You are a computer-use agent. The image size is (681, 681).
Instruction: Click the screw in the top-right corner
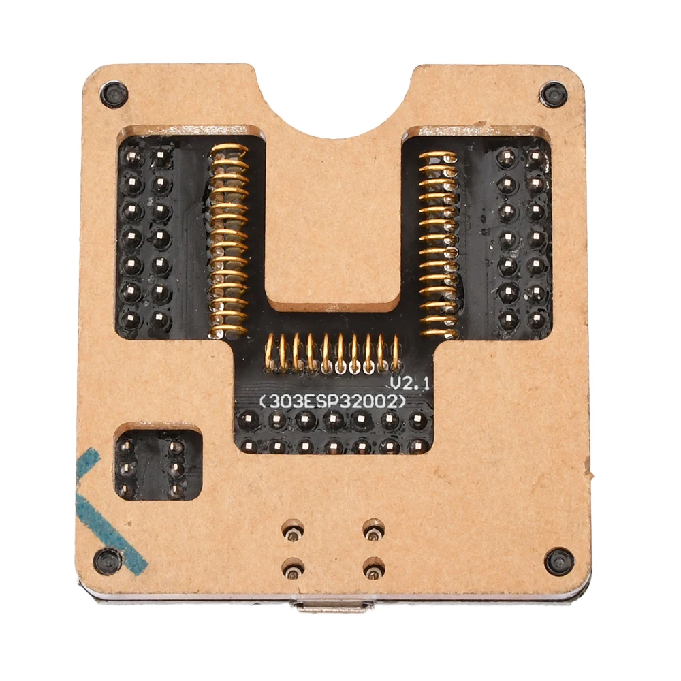click(x=553, y=93)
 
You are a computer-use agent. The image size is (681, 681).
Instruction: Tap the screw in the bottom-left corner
click(x=108, y=560)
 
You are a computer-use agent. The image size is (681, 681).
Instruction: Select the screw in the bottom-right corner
click(x=559, y=560)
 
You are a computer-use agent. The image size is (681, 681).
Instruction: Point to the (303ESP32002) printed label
click(x=332, y=401)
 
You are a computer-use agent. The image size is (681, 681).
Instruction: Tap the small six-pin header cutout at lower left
click(x=151, y=467)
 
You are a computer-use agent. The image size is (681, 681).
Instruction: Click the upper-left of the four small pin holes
click(x=293, y=528)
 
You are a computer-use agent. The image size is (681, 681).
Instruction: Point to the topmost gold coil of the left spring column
click(x=229, y=150)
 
